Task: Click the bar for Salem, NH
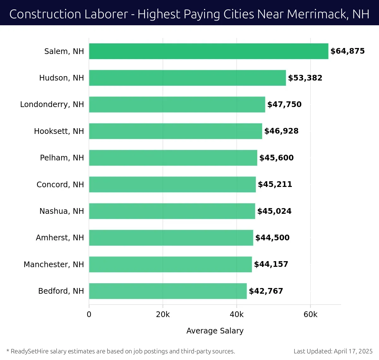(x=208, y=51)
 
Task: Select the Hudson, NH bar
(x=187, y=78)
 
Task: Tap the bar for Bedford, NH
(x=168, y=291)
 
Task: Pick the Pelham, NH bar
(x=173, y=158)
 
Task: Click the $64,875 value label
(x=347, y=51)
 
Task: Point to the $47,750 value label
(x=284, y=105)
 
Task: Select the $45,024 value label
(x=274, y=211)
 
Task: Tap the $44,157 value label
(x=271, y=264)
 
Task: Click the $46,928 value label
(x=281, y=131)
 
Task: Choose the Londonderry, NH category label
(x=52, y=105)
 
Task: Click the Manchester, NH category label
(x=54, y=264)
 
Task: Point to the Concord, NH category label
(x=60, y=184)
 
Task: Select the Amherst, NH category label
(x=60, y=238)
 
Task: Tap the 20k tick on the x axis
(x=163, y=315)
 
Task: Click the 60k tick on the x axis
(x=310, y=315)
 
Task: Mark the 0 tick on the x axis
(x=89, y=315)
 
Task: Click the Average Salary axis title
(x=215, y=331)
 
